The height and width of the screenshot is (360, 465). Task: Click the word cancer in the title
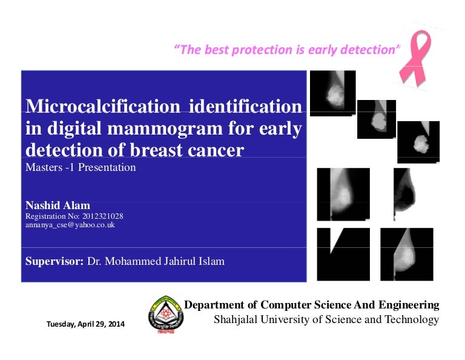[x=216, y=150]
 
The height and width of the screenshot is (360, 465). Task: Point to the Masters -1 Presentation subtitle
[x=81, y=167]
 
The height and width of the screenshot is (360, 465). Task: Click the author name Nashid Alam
[x=58, y=205]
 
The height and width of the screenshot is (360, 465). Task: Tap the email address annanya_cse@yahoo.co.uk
[x=70, y=225]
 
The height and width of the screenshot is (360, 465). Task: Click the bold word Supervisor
[x=53, y=262]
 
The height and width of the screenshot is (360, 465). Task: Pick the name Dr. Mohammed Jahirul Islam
[x=156, y=262]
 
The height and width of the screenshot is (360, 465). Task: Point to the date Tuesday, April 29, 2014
[x=85, y=324]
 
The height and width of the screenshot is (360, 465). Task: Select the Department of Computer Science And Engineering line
[x=311, y=305]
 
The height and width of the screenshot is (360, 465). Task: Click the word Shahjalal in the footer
[x=238, y=319]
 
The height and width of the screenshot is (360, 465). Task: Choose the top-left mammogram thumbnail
[x=332, y=92]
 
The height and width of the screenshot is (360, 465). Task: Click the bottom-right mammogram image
[x=406, y=254]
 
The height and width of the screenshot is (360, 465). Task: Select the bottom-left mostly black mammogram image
[x=343, y=254]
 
